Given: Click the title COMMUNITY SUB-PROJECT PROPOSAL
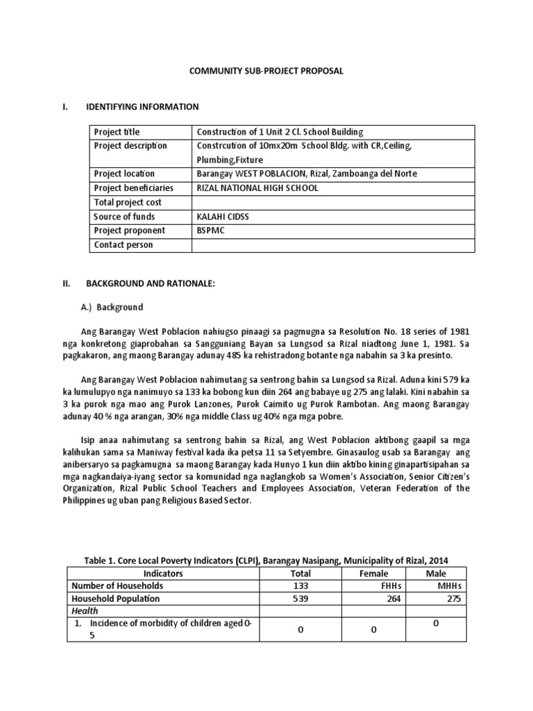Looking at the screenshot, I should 266,71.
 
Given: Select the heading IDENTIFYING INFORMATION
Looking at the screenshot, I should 142,107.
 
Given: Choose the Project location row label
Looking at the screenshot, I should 124,174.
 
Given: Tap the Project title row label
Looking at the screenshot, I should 117,132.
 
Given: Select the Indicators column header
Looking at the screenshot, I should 163,574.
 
